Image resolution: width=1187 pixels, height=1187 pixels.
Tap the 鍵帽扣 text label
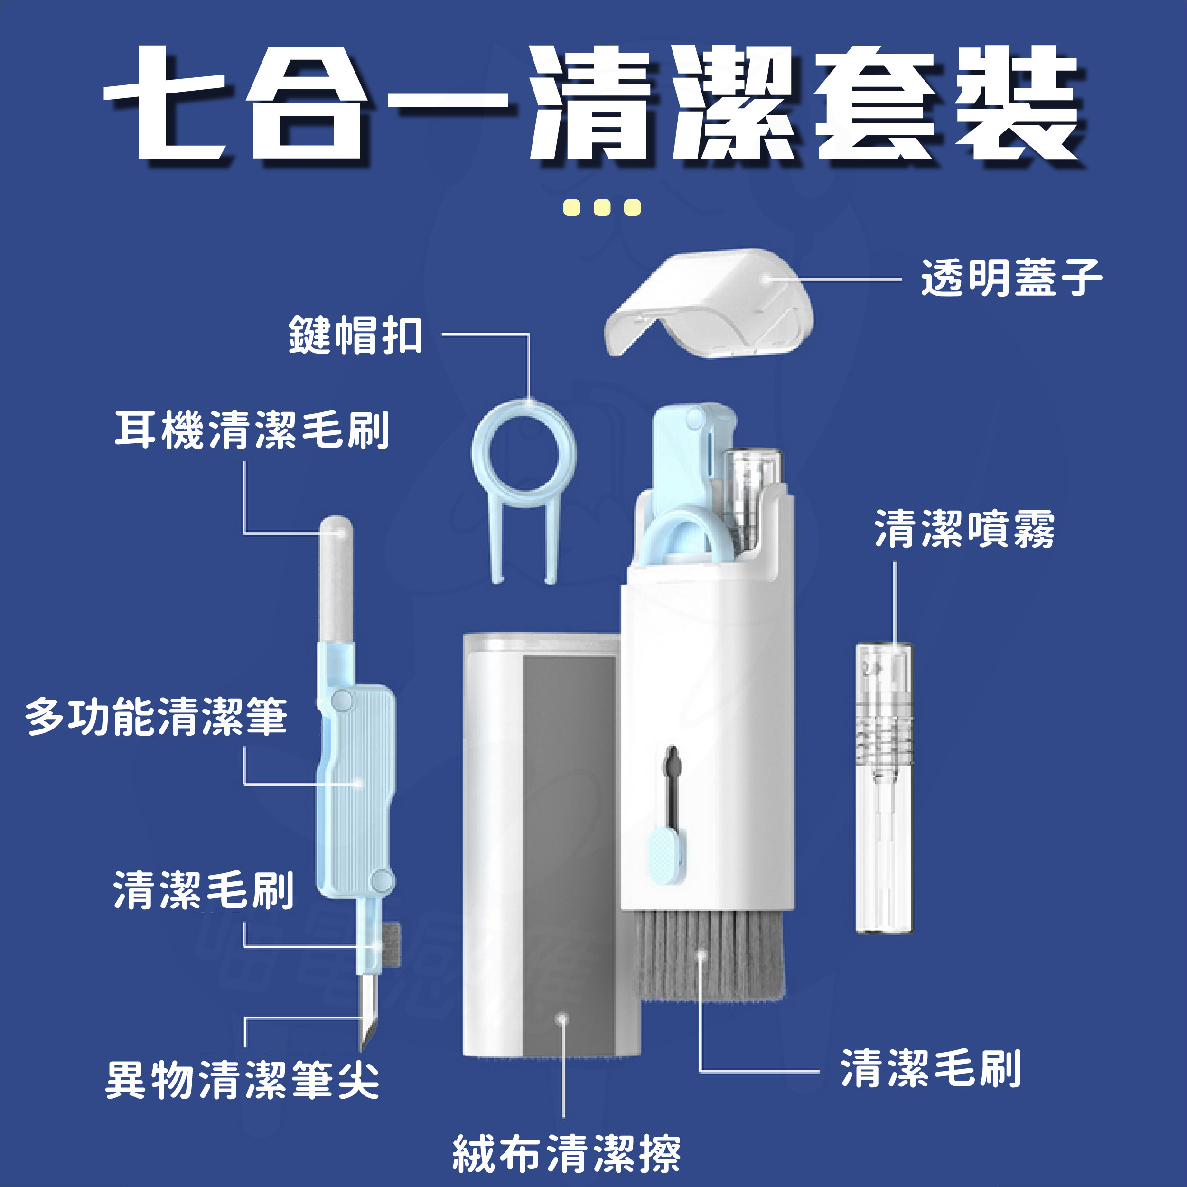pos(356,335)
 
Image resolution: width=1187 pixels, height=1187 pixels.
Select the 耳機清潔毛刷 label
pos(252,430)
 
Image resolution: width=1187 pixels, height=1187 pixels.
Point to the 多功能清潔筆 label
pos(156,716)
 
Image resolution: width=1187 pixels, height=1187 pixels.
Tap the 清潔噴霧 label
pos(964,528)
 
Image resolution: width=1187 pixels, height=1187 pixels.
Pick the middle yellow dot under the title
pos(602,208)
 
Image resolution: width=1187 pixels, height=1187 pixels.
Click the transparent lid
pos(710,302)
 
